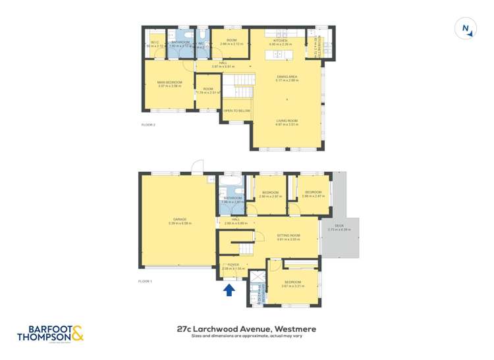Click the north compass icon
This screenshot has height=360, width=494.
465,28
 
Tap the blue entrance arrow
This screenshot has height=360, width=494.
229,290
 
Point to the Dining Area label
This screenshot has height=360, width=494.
288,78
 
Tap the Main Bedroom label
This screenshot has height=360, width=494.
169,84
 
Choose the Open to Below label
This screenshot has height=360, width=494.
237,111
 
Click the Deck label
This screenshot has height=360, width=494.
339,227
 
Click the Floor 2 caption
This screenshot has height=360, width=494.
148,124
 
